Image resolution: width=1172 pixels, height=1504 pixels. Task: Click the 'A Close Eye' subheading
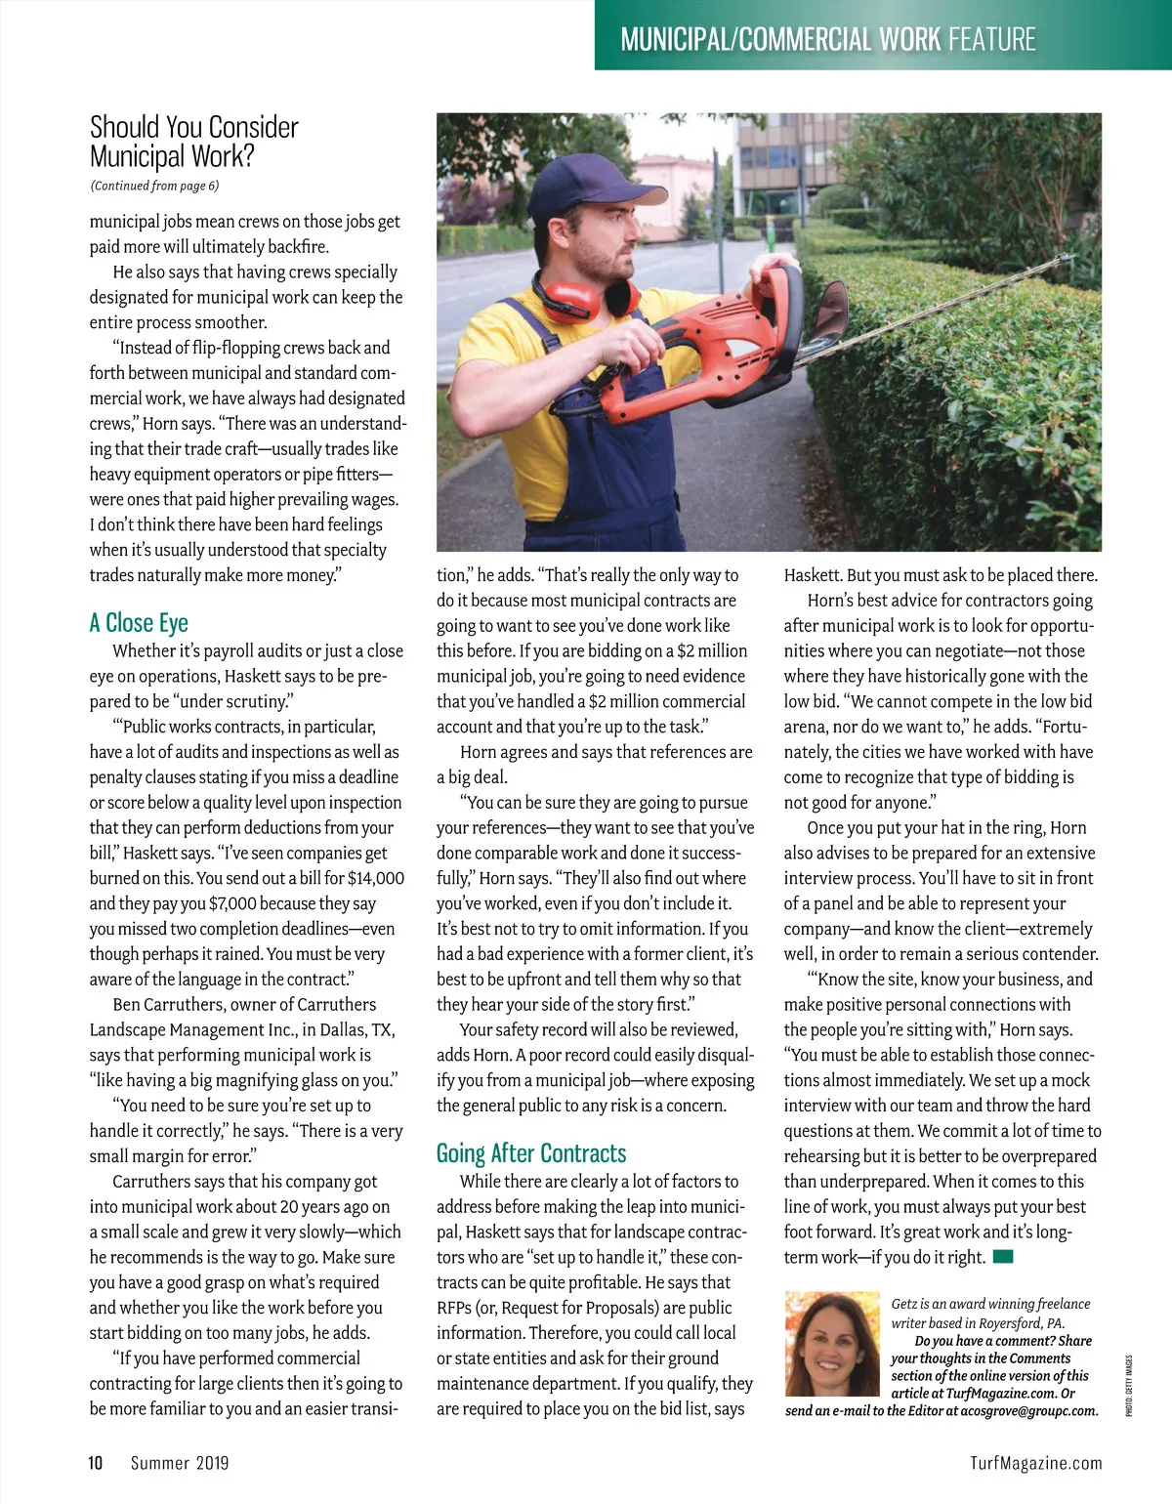coord(139,623)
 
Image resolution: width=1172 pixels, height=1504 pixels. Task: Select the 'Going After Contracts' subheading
coord(531,1153)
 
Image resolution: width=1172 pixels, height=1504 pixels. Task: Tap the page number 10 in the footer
coord(96,1462)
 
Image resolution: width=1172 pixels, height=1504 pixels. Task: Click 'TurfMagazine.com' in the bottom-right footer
coord(1035,1463)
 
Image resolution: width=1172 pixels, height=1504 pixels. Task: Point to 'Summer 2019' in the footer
coord(180,1463)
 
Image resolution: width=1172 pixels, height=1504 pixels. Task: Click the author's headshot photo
coord(832,1344)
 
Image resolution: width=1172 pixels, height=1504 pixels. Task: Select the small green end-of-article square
coord(1003,1257)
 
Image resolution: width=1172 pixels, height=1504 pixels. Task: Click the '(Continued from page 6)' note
coord(154,186)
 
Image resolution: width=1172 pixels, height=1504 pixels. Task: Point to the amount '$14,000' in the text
coord(375,878)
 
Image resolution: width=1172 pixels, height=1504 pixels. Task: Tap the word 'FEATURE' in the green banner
coord(991,40)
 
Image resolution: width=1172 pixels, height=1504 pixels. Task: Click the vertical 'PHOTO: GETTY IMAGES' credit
coord(1129,1385)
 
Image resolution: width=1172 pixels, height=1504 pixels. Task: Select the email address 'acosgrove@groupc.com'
coord(1029,1410)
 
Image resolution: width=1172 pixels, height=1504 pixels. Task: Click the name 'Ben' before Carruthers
coord(126,1004)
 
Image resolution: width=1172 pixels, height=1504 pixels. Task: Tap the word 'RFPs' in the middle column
coord(457,1308)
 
